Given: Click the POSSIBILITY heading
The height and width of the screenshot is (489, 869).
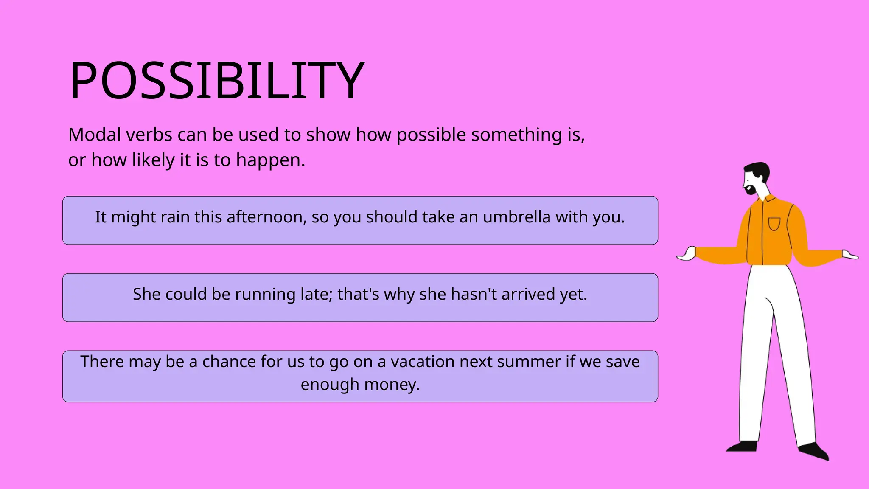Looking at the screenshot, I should click(x=217, y=81).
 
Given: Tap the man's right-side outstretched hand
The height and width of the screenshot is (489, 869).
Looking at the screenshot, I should click(x=849, y=255).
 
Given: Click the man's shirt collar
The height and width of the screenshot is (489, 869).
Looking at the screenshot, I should click(x=769, y=198).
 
